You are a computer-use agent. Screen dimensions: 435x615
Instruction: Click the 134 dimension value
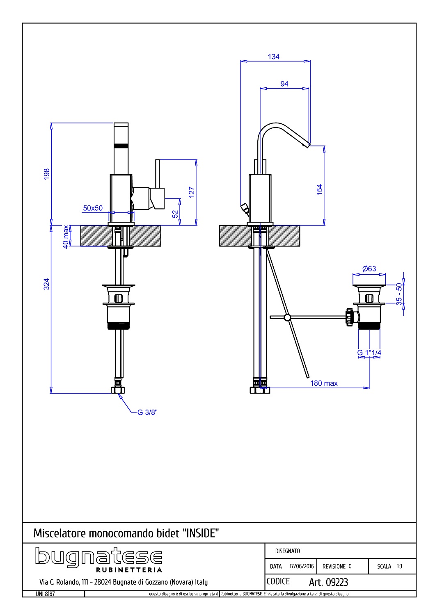click(273, 57)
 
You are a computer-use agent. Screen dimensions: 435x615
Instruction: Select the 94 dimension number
click(284, 84)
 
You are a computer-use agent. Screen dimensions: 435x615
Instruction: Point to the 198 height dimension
click(47, 174)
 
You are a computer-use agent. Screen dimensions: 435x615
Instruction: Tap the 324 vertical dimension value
click(47, 284)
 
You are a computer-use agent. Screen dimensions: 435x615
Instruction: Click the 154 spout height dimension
click(319, 190)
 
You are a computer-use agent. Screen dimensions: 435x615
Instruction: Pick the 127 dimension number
click(192, 192)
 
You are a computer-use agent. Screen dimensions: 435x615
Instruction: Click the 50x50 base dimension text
click(93, 208)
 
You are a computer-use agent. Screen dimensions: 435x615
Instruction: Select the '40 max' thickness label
click(66, 237)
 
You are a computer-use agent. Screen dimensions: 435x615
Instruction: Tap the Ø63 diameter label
click(369, 269)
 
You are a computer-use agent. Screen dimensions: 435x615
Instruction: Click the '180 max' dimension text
click(324, 383)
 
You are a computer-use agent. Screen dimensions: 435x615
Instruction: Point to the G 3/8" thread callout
click(147, 412)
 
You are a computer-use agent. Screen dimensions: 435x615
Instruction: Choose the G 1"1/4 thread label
click(369, 353)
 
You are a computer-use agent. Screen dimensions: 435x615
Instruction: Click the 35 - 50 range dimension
click(399, 294)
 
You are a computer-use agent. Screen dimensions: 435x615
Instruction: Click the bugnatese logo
click(98, 560)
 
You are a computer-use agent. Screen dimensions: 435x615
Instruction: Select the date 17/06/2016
click(302, 566)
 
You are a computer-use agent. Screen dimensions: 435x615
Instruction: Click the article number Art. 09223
click(328, 582)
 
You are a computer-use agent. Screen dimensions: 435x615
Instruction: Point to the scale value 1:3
click(399, 566)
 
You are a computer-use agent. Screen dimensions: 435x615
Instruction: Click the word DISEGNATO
click(287, 551)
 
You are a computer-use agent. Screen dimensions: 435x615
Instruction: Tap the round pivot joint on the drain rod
click(287, 318)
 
